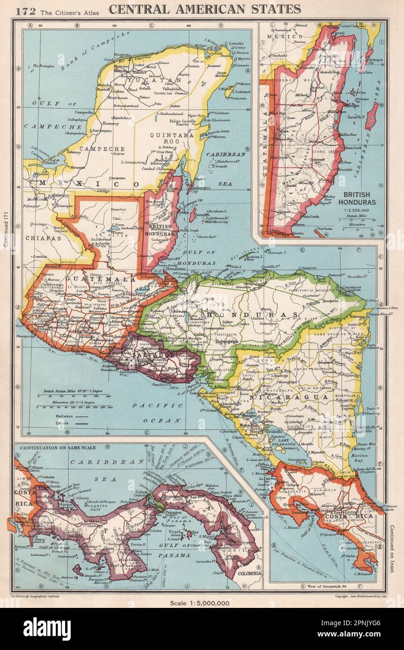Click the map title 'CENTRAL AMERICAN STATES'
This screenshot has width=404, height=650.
(205, 9)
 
